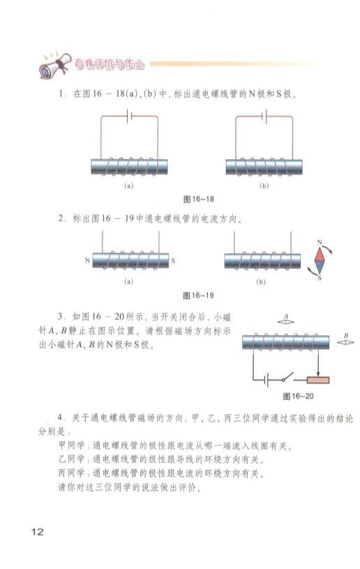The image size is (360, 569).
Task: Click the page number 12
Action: [38, 532]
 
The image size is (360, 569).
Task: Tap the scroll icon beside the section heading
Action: [54, 66]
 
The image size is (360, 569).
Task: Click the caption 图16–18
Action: [198, 199]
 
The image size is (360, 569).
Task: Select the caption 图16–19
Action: [198, 295]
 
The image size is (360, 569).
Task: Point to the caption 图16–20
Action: [298, 397]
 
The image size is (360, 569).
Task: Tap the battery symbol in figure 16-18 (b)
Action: [264, 116]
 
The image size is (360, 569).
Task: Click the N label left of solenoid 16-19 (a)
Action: [87, 260]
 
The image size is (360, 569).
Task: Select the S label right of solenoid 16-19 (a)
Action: [173, 260]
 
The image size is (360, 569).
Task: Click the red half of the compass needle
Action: [320, 255]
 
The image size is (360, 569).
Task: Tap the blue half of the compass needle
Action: [320, 267]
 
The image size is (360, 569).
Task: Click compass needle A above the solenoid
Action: [285, 322]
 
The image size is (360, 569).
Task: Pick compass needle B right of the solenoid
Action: [345, 342]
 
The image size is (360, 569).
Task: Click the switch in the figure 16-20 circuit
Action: [288, 378]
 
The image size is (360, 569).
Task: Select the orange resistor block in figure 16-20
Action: [318, 380]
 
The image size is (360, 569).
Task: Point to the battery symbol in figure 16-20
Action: [266, 380]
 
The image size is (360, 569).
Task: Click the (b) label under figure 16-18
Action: [264, 186]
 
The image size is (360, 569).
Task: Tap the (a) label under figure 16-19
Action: [128, 281]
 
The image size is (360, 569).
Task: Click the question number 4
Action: [61, 418]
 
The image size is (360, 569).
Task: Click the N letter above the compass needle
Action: [320, 242]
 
